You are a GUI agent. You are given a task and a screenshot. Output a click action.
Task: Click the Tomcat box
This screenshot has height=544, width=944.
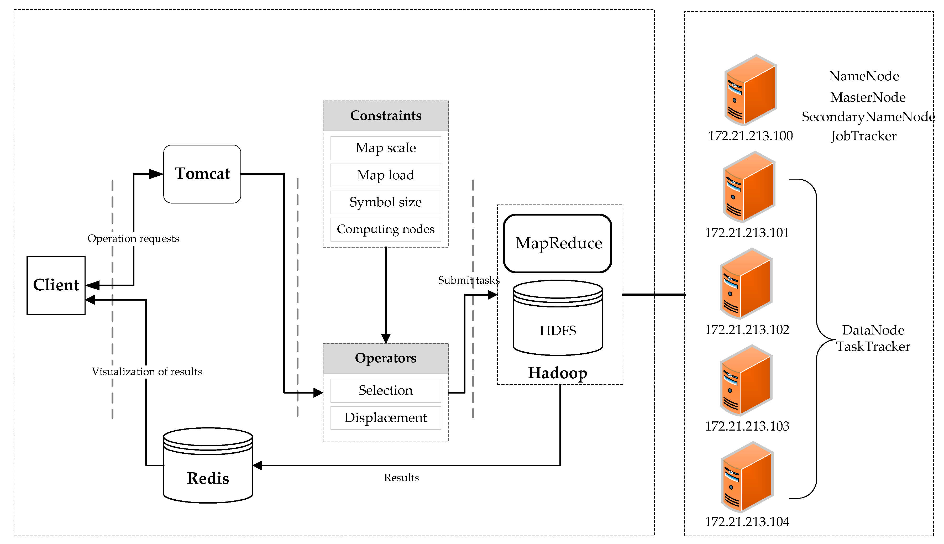[x=202, y=174]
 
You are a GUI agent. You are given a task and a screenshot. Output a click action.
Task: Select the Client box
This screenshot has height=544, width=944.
[x=56, y=285]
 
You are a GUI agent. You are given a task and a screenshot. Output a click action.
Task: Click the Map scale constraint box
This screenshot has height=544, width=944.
[x=386, y=148]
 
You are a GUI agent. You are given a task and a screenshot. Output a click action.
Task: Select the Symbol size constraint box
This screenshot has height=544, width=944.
[x=386, y=202]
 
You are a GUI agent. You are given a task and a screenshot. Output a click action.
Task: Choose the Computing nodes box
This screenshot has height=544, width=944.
[x=386, y=229]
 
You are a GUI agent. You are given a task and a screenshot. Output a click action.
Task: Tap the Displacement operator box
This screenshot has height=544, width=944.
[x=386, y=417]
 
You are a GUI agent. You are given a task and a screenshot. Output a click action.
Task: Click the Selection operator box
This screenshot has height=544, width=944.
[x=386, y=390]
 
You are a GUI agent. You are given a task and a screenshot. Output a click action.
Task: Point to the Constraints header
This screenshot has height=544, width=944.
[x=386, y=116]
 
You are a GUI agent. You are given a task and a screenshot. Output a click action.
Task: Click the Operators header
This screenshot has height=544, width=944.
[x=386, y=358]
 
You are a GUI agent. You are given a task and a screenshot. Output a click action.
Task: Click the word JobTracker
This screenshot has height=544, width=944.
[x=863, y=136]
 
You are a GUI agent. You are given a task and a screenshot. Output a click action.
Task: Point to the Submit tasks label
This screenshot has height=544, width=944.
[x=468, y=280]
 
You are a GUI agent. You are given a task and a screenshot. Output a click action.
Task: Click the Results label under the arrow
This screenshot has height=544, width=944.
[x=401, y=478]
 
